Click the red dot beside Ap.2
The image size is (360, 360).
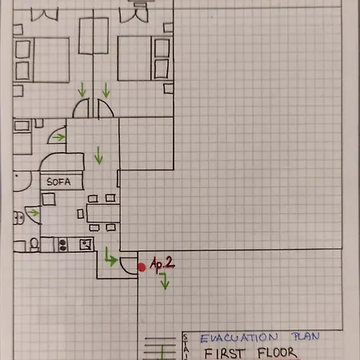click(142, 267)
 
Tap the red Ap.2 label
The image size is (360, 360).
click(162, 264)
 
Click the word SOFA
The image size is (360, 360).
click(58, 182)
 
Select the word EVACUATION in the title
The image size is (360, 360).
click(239, 338)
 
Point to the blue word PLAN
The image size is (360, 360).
click(306, 336)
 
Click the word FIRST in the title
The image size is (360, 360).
click(224, 354)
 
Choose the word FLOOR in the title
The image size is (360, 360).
click(278, 353)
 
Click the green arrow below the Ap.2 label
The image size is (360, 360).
click(165, 281)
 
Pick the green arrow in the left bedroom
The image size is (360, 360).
click(82, 90)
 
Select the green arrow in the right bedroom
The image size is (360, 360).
click(106, 90)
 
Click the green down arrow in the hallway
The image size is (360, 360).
click(98, 155)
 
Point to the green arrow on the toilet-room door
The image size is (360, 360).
click(34, 213)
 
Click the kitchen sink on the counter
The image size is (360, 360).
click(86, 245)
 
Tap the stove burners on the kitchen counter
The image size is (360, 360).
click(62, 245)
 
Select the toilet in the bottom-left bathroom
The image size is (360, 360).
click(34, 244)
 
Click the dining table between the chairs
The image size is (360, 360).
click(103, 213)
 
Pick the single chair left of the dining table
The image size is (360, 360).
click(80, 214)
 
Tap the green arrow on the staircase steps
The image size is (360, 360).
click(162, 353)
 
